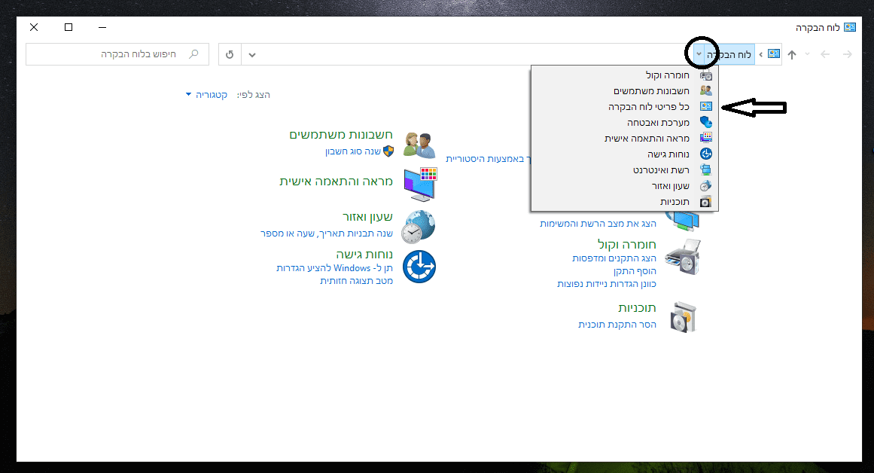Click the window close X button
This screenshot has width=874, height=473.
(34, 27)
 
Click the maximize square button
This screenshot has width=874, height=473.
(69, 27)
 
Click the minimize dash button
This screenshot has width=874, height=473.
(102, 27)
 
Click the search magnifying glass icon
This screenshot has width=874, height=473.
(194, 54)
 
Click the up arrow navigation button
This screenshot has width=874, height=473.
(792, 54)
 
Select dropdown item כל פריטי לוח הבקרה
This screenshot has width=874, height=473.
(649, 106)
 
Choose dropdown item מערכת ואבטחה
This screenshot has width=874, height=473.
(658, 123)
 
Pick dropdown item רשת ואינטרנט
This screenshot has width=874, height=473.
(661, 170)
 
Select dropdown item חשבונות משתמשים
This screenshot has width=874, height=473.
(652, 91)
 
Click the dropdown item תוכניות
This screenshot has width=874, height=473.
(675, 202)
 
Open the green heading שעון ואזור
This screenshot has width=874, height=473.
(367, 217)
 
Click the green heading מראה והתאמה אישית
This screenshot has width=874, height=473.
(336, 182)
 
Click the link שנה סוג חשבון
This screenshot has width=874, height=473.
(353, 151)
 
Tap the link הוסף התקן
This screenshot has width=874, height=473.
(635, 271)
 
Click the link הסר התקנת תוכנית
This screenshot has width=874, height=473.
(617, 325)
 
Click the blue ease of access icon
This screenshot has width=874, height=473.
(419, 267)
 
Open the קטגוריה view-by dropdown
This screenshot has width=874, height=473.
(206, 95)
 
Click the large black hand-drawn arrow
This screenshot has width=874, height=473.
(754, 108)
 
